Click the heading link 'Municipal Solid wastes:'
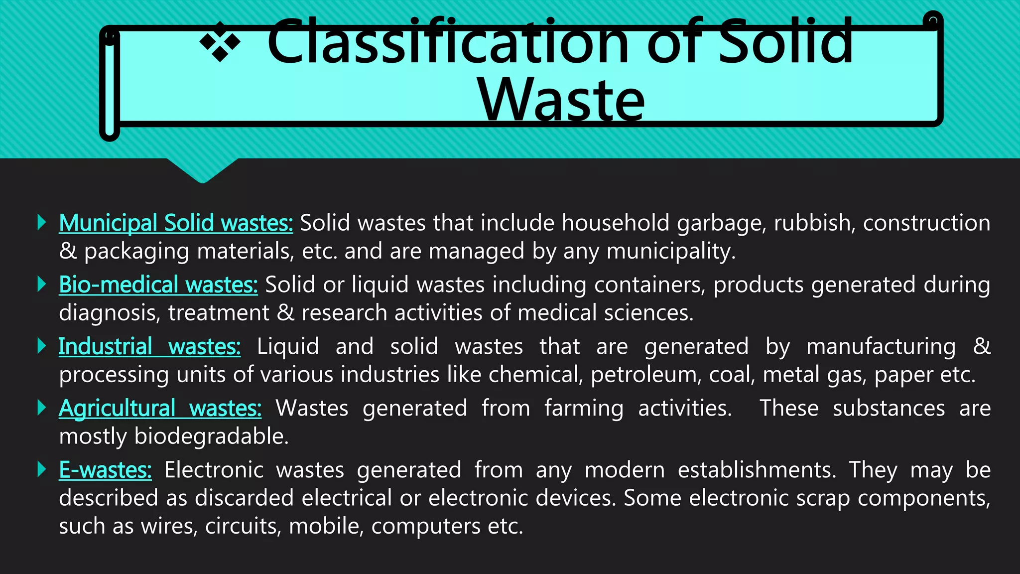tap(176, 223)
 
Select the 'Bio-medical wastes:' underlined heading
tap(158, 285)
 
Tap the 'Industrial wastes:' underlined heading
tap(149, 346)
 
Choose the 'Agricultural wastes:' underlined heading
tap(160, 408)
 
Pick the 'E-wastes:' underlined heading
tap(105, 470)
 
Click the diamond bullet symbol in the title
tap(220, 43)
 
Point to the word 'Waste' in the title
tap(561, 100)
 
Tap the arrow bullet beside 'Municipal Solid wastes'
tap(42, 222)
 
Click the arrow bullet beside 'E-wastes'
tap(42, 469)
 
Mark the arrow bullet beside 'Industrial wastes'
tap(42, 346)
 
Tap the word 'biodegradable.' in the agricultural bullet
tap(212, 436)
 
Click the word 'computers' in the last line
tap(426, 526)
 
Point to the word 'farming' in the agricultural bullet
tap(584, 408)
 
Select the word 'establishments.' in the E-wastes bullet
tap(757, 470)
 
